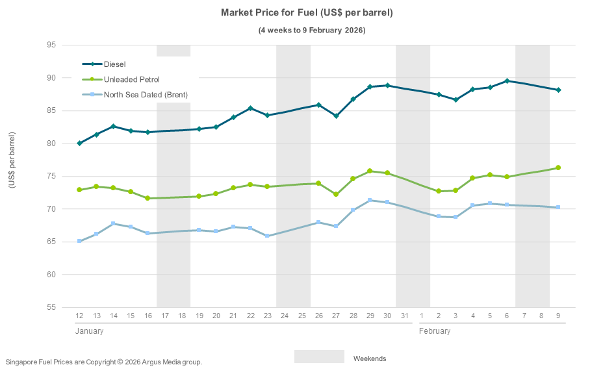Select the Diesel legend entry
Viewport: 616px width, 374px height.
point(114,64)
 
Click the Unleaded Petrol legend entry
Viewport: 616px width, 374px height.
point(131,79)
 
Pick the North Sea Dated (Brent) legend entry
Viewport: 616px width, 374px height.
point(146,95)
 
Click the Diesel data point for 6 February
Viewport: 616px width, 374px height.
point(507,81)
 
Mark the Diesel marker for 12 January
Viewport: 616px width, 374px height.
point(79,143)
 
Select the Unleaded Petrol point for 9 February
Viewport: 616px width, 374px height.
point(558,168)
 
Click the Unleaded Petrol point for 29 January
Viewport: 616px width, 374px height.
point(370,171)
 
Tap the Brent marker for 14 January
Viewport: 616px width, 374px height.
point(113,223)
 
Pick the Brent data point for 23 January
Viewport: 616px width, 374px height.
point(267,236)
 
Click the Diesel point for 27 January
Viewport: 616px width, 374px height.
point(336,116)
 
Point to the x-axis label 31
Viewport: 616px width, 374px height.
point(404,316)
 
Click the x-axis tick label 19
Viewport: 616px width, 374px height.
point(199,316)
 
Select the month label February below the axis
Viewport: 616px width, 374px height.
point(435,331)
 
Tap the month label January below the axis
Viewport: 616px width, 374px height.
point(89,331)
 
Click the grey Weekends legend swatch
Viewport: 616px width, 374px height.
point(319,356)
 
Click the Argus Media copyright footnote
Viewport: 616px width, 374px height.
point(104,362)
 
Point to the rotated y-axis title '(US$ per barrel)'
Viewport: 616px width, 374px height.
point(12,160)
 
